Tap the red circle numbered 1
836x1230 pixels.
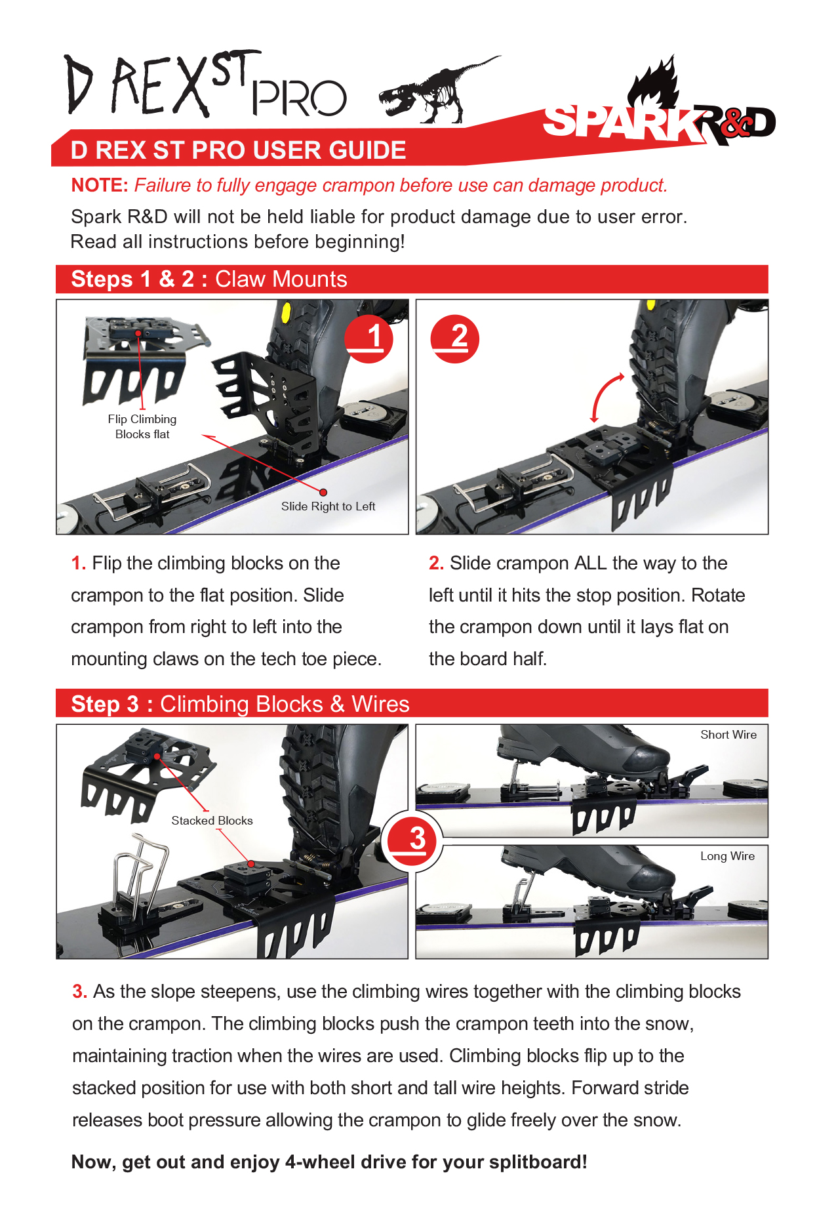(x=368, y=338)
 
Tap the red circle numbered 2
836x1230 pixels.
(x=455, y=338)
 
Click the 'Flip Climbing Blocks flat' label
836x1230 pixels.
(x=142, y=426)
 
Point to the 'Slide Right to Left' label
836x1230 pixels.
(x=328, y=506)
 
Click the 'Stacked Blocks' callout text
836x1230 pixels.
(x=212, y=821)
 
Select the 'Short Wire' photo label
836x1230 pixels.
(x=728, y=735)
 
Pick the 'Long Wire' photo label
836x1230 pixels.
(x=727, y=856)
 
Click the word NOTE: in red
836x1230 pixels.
(x=100, y=186)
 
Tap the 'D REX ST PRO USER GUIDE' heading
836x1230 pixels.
(x=239, y=150)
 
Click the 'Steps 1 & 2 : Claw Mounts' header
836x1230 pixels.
(x=209, y=279)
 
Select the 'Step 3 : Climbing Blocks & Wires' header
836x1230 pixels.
(x=240, y=704)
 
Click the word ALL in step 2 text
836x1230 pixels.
(x=590, y=564)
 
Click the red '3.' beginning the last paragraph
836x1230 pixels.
(x=79, y=992)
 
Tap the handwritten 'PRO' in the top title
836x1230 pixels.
(x=299, y=98)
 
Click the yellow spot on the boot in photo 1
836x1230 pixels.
(x=287, y=312)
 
